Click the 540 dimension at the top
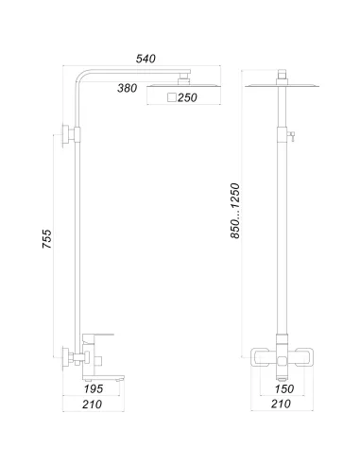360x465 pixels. click(x=146, y=59)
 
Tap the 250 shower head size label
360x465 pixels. click(x=186, y=98)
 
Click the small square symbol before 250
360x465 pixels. click(x=171, y=98)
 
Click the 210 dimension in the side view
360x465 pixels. click(x=92, y=407)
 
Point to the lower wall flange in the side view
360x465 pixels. click(x=65, y=358)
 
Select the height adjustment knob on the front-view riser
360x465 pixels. click(x=294, y=136)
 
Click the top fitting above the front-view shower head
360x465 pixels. click(x=284, y=76)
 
